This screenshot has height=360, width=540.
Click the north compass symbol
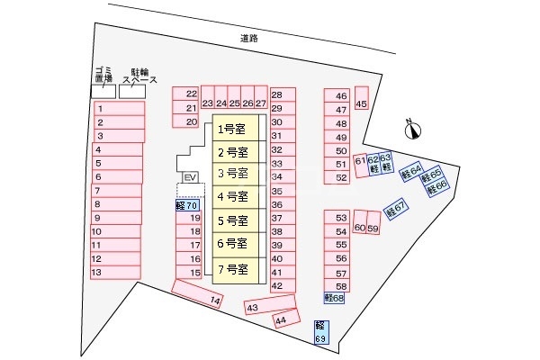click(413, 130)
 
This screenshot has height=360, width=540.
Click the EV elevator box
click(189, 178)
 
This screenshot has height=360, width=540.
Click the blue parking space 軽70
click(187, 206)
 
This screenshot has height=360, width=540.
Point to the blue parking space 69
click(320, 331)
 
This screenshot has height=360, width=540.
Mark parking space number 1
click(119, 108)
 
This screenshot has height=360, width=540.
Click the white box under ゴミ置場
click(103, 92)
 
